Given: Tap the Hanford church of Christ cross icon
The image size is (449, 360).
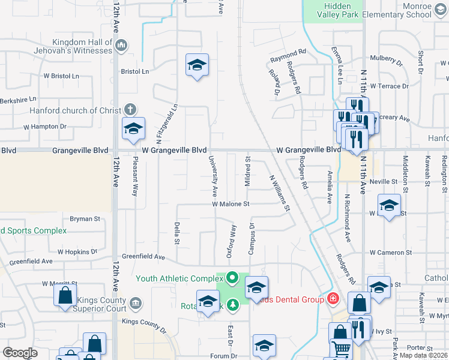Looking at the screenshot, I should (130, 110).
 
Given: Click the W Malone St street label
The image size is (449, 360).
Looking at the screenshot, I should (238, 204).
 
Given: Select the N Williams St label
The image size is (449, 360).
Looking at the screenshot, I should (280, 193).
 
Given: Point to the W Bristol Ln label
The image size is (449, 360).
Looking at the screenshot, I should (61, 76).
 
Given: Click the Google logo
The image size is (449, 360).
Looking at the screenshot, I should (20, 353).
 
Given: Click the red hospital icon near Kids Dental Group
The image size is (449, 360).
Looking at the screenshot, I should (331, 298).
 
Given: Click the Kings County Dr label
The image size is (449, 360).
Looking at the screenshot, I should (143, 325).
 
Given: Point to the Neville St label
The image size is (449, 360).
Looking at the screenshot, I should (384, 181).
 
